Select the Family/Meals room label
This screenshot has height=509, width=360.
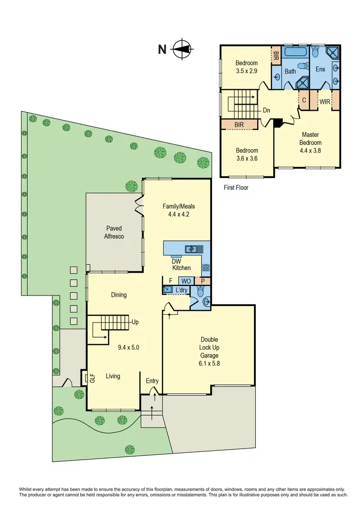179,211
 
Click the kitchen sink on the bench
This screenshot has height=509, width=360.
194,249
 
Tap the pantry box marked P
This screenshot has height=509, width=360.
203,281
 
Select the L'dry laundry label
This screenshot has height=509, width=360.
181,290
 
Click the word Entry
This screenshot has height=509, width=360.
152,381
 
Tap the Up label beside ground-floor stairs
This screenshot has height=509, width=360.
135,322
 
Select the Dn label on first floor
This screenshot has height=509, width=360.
266,110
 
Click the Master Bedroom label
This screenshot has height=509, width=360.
310,139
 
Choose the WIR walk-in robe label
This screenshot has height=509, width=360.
325,101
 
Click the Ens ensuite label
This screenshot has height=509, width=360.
321,69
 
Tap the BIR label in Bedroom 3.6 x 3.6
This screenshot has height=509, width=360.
239,124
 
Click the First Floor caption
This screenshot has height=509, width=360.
236,188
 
